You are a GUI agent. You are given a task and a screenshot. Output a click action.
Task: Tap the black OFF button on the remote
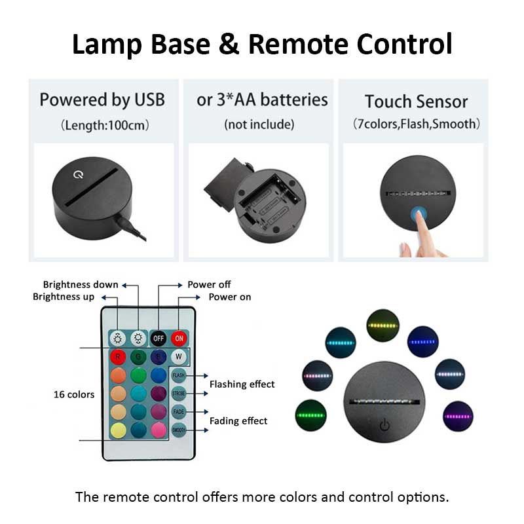point(158,338)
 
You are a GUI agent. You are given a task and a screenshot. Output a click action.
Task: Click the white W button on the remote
point(179,357)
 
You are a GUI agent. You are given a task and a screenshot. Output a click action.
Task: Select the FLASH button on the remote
point(179,376)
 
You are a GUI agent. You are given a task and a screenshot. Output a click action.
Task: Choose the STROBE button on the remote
point(179,394)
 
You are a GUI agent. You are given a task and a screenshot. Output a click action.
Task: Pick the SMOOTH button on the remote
point(179,430)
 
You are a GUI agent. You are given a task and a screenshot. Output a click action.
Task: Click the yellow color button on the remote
point(118,430)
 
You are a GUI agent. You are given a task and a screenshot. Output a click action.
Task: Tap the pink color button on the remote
point(158,430)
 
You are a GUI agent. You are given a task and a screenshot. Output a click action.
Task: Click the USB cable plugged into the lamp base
point(134,227)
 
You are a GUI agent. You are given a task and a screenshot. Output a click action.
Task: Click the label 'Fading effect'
point(238,421)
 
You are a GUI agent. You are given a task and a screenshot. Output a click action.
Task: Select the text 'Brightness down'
point(81,284)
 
